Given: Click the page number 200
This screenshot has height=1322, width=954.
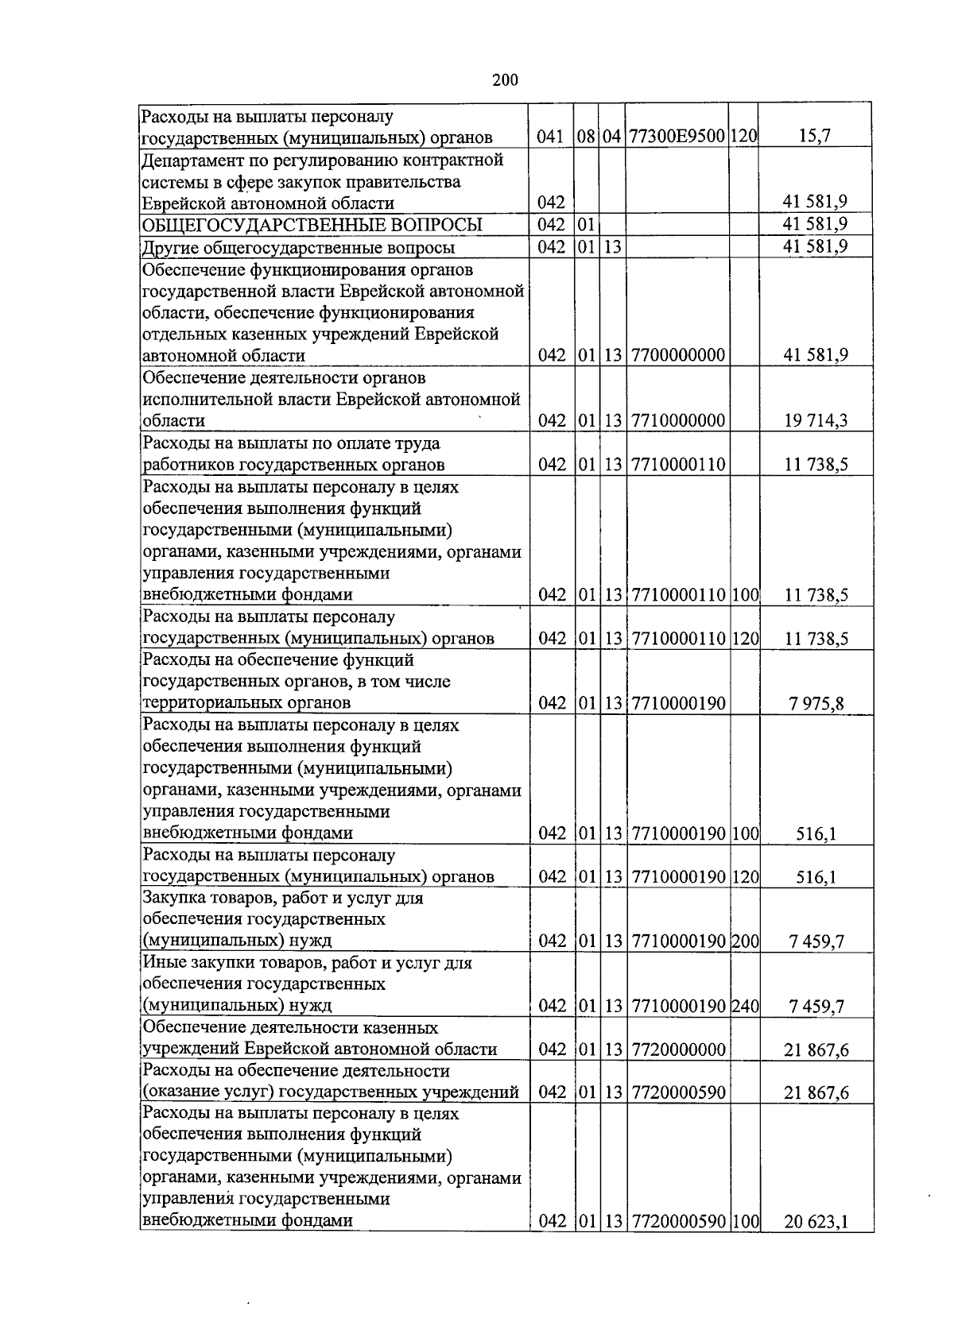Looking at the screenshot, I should click(505, 79).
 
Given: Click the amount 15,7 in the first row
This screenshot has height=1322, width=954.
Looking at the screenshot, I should click(816, 137).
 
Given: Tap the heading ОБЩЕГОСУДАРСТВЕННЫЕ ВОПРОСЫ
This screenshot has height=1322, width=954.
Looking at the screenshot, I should click(312, 225).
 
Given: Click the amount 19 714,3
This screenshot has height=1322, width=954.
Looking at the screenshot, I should click(816, 420).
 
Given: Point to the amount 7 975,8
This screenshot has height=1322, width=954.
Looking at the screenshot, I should click(816, 703).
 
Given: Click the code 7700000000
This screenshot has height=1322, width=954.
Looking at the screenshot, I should click(677, 355).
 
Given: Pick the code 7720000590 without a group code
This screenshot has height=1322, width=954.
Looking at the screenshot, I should click(677, 1092).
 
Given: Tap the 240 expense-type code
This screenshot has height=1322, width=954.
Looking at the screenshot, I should click(745, 1007).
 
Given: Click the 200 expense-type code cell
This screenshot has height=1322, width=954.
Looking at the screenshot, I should click(745, 941).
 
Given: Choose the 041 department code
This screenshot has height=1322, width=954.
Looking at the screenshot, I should click(550, 137).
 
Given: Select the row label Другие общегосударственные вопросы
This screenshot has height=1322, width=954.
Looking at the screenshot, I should click(298, 247).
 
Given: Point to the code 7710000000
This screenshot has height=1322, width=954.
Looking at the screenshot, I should click(677, 420).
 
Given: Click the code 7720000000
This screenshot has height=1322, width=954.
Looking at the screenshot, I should click(677, 1049).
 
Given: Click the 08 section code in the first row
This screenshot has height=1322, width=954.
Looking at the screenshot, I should click(587, 137).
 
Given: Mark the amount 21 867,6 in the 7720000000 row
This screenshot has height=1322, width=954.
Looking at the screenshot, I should click(816, 1049).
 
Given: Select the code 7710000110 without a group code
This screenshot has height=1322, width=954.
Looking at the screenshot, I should click(677, 464).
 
